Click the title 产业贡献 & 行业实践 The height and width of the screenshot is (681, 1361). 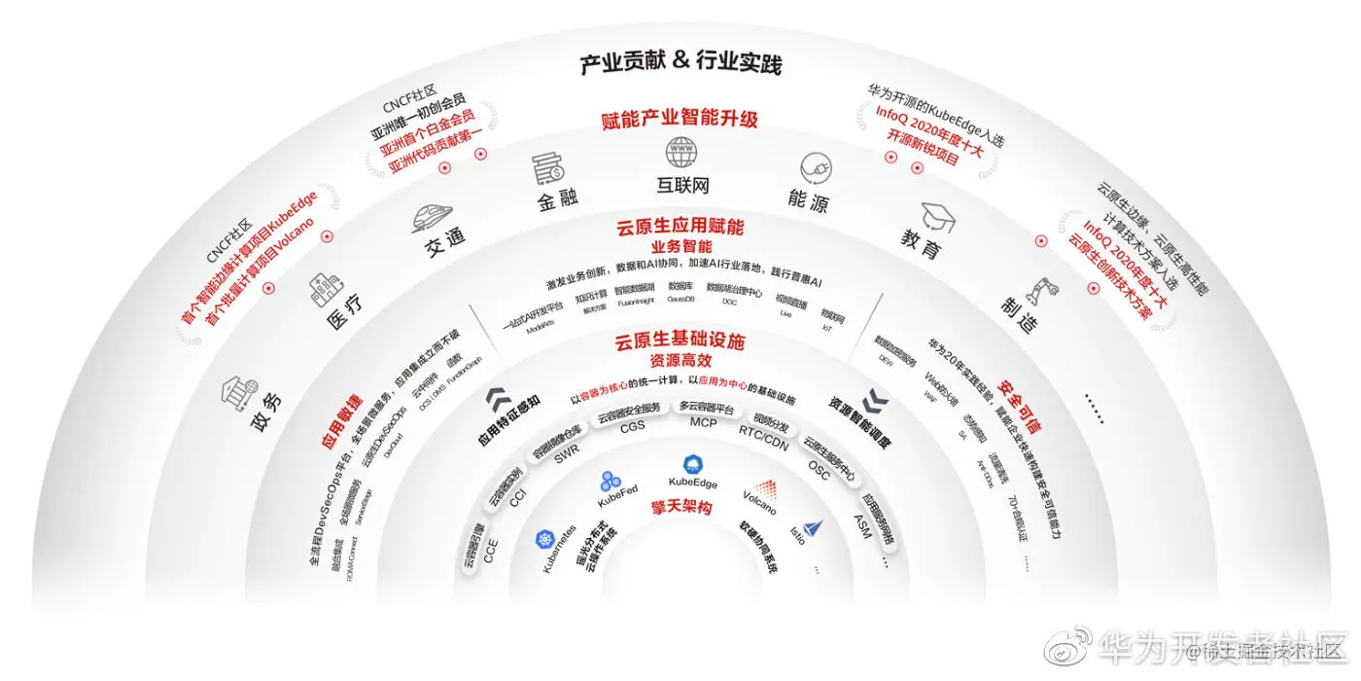pyautogui.click(x=680, y=64)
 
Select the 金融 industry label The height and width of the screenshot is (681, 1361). pyautogui.click(x=558, y=198)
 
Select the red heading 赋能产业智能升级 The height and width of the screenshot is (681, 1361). pyautogui.click(x=680, y=121)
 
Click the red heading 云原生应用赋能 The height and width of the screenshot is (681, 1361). pyautogui.click(x=680, y=228)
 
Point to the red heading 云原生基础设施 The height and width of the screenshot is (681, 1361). pyautogui.click(x=680, y=341)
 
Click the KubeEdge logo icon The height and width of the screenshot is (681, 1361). pyautogui.click(x=693, y=463)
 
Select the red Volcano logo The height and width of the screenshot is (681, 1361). pyautogui.click(x=764, y=487)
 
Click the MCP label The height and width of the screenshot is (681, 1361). pyautogui.click(x=703, y=422)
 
